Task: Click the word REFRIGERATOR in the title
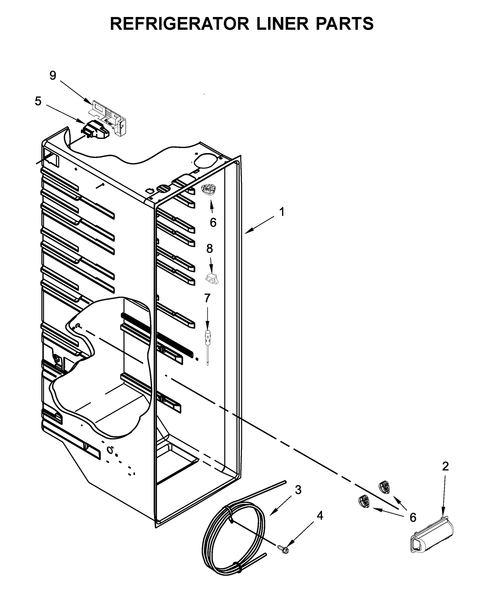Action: [x=179, y=24]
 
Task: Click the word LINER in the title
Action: [x=282, y=24]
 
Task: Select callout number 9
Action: [x=53, y=75]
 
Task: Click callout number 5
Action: [x=38, y=101]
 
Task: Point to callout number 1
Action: [x=282, y=212]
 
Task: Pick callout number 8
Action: [x=209, y=249]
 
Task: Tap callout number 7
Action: [x=207, y=298]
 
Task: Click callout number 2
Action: [x=445, y=466]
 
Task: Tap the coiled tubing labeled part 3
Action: [x=233, y=537]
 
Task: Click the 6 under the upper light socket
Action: [x=213, y=223]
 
